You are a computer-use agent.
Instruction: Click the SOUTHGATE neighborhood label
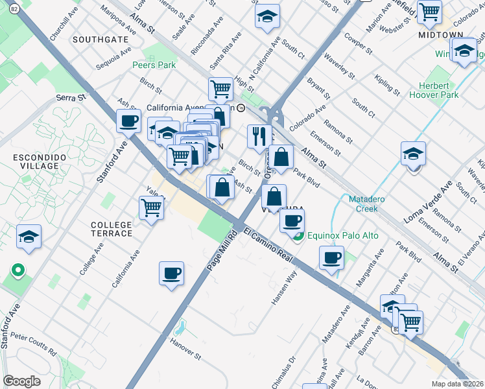click(101, 40)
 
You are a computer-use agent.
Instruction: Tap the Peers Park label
click(154, 65)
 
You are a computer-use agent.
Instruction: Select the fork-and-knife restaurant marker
click(258, 136)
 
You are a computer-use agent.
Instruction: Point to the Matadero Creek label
click(367, 204)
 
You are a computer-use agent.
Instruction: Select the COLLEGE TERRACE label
click(111, 230)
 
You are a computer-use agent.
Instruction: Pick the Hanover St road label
click(186, 348)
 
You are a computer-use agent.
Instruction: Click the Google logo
click(21, 381)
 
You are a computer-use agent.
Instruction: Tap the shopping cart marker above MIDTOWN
click(429, 11)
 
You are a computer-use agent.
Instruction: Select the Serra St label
click(71, 98)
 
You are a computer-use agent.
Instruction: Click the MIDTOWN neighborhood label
click(440, 34)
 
